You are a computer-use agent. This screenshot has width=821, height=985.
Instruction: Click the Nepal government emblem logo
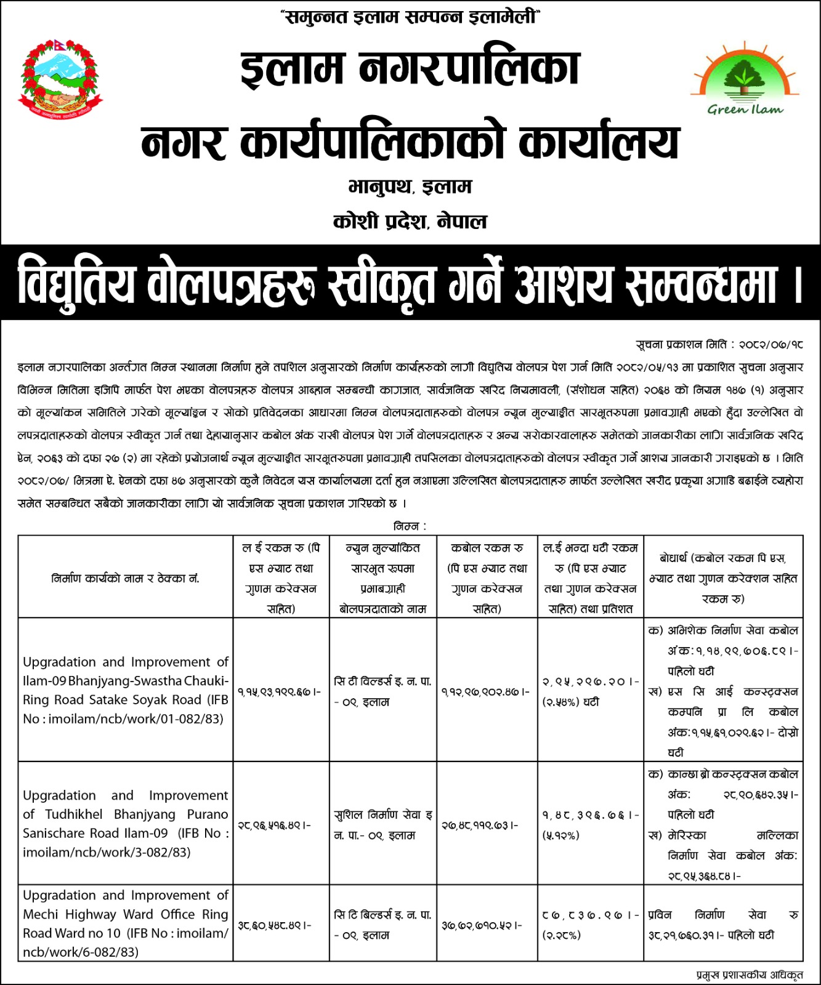click(61, 79)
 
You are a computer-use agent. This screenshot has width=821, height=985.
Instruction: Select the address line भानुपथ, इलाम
click(410, 187)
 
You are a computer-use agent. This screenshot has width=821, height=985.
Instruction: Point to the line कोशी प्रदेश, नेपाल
click(410, 221)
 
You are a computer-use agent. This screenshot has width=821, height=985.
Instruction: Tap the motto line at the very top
click(410, 17)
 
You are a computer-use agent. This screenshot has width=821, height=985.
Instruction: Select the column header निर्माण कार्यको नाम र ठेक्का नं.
click(126, 578)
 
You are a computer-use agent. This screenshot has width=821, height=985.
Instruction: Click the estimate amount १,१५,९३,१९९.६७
click(278, 692)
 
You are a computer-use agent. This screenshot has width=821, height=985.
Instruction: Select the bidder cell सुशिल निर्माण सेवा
click(382, 825)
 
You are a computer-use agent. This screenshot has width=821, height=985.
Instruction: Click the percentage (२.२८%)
click(560, 935)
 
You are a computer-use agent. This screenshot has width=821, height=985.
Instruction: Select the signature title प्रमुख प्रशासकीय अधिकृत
click(750, 975)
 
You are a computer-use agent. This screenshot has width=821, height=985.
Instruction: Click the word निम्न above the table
click(406, 526)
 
